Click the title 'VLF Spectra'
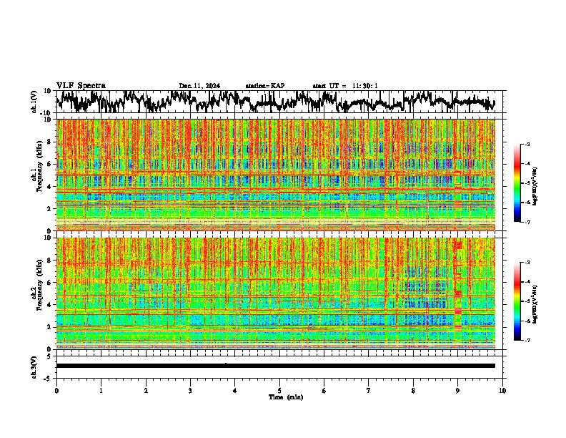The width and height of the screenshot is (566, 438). (81, 85)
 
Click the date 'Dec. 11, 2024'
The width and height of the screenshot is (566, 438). (199, 86)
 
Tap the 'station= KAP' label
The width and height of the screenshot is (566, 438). (265, 86)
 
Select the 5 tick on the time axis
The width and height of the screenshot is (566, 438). (279, 390)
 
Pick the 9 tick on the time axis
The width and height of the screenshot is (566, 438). (458, 390)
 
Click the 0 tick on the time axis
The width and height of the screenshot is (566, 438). (56, 390)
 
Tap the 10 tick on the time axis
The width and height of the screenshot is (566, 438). (502, 390)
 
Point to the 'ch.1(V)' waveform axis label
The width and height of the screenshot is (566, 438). (34, 102)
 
